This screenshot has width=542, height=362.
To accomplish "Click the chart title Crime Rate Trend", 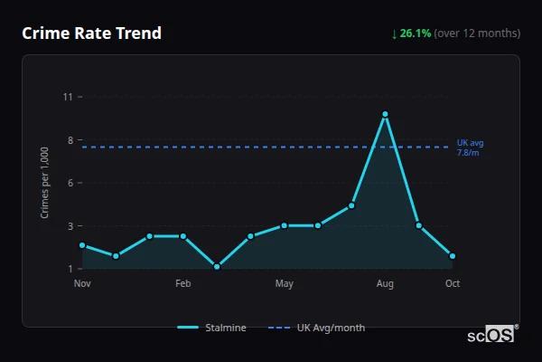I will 92,33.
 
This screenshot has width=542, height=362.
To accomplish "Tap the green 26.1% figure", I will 416,33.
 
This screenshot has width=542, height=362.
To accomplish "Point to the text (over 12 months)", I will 477,33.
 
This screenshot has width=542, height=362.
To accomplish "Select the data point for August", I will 385,114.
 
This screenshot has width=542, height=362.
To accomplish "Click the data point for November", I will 82,245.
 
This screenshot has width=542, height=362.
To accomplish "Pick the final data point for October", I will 453,256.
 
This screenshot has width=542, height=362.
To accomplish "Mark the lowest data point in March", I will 217,267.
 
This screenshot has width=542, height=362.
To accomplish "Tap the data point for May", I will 284,225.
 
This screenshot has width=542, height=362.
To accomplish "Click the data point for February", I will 183,236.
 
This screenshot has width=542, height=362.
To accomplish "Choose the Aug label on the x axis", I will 385,284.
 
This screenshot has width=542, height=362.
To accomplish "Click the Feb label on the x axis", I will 183,284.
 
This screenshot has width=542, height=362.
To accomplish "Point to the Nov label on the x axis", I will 82,284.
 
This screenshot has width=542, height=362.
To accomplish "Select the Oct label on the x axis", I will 453,284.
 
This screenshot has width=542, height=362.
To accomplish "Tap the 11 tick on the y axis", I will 68,97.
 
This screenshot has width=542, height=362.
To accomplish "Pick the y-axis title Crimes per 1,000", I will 44,183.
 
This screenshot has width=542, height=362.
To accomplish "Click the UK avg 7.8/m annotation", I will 470,148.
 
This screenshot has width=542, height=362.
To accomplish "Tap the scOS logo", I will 491,335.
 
